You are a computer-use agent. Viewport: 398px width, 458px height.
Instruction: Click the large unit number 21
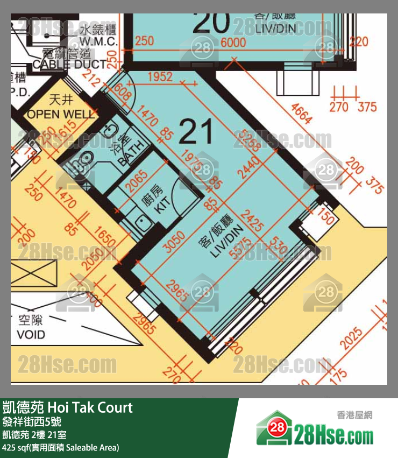tap(196, 131)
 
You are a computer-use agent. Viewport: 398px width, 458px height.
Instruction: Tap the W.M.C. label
tap(98, 40)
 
